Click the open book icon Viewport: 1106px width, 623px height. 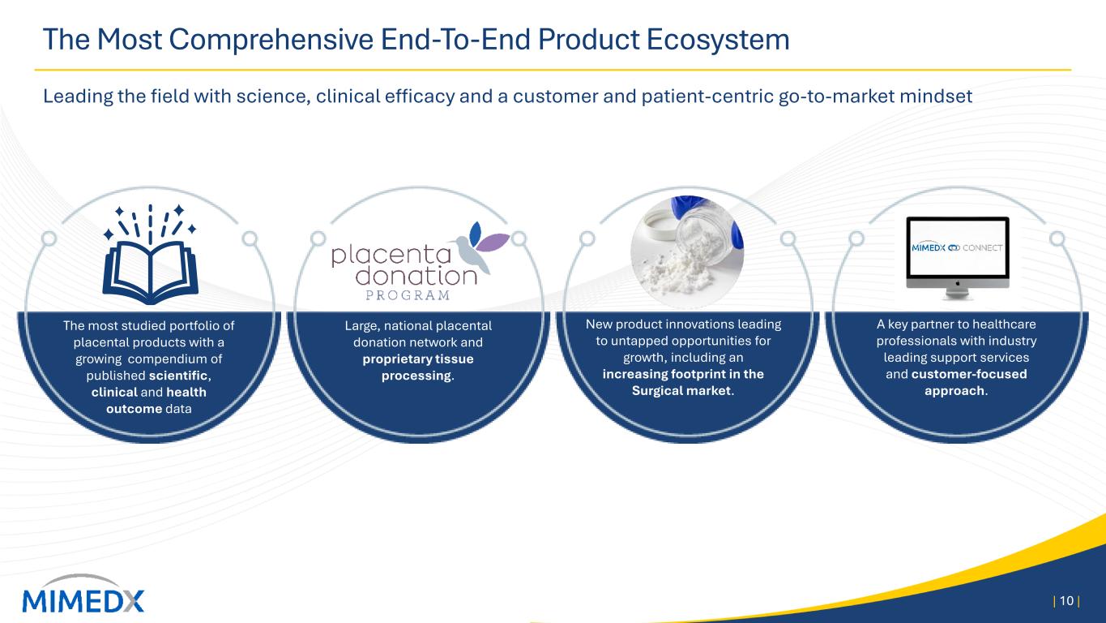click(x=150, y=254)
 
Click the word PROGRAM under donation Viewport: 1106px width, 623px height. click(x=408, y=295)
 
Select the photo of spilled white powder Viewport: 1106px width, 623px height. click(x=687, y=252)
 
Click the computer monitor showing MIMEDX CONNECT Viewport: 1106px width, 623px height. click(x=958, y=258)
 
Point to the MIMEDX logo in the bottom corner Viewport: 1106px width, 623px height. click(x=83, y=595)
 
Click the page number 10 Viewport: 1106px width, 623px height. click(x=1066, y=601)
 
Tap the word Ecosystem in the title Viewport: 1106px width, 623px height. click(x=718, y=40)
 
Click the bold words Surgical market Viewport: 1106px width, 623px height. click(x=681, y=391)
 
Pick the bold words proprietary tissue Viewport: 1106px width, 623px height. click(x=418, y=359)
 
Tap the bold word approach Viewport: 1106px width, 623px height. click(x=954, y=391)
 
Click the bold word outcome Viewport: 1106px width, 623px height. click(x=134, y=409)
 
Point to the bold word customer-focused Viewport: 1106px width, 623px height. click(x=969, y=374)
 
